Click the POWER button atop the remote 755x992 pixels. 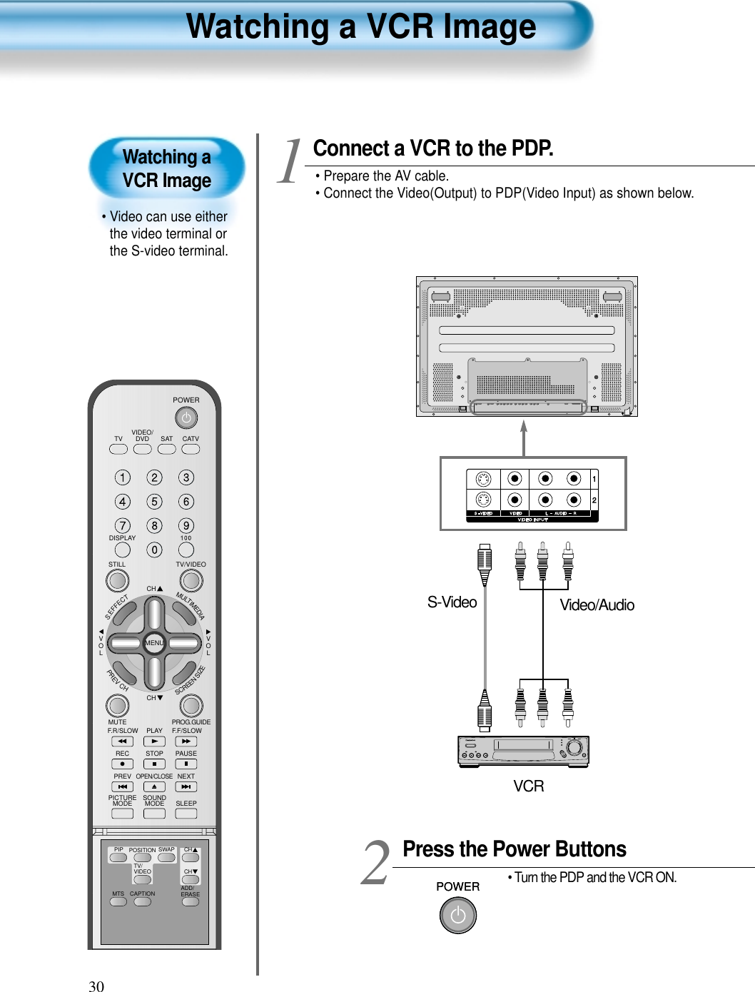[x=186, y=417]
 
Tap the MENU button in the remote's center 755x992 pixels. [x=154, y=643]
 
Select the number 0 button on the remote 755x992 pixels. [x=154, y=550]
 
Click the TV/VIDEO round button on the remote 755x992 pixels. [x=190, y=581]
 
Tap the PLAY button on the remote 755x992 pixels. [x=154, y=742]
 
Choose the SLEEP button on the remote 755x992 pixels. [x=186, y=814]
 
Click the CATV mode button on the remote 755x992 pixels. [x=191, y=450]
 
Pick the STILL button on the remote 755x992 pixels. [x=117, y=581]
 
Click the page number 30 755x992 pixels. [x=96, y=986]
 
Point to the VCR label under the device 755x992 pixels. [x=529, y=786]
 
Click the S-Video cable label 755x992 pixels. [x=452, y=602]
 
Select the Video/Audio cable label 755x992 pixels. [x=597, y=605]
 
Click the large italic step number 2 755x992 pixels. [x=376, y=863]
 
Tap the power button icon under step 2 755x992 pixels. [x=457, y=916]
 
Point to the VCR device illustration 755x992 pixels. [x=523, y=751]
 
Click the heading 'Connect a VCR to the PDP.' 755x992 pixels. [x=433, y=148]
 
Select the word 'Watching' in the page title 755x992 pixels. [x=257, y=27]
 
